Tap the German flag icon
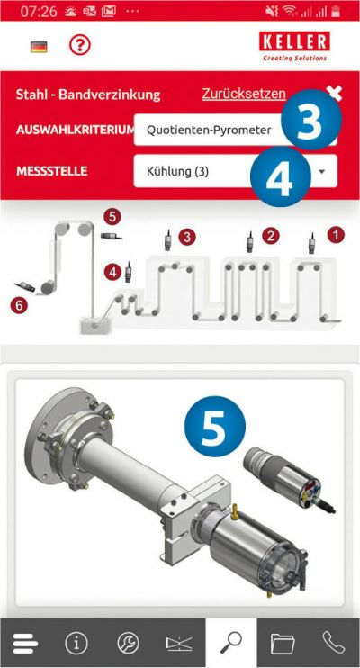pyautogui.click(x=39, y=47)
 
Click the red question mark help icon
pyautogui.click(x=80, y=44)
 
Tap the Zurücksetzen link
pyautogui.click(x=244, y=94)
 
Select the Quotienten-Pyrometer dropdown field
pyautogui.click(x=209, y=130)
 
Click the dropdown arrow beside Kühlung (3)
pyautogui.click(x=322, y=171)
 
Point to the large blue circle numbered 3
pyautogui.click(x=311, y=119)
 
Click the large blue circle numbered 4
pyautogui.click(x=280, y=176)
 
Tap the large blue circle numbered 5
pyautogui.click(x=215, y=427)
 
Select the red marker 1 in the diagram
pyautogui.click(x=336, y=235)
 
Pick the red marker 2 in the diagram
pyautogui.click(x=271, y=236)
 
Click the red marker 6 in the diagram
pyautogui.click(x=19, y=305)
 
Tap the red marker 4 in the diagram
pyautogui.click(x=112, y=272)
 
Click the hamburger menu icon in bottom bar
pyautogui.click(x=24, y=643)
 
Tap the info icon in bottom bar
pyautogui.click(x=76, y=643)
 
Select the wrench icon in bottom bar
pyautogui.click(x=128, y=643)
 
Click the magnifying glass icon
pyautogui.click(x=231, y=643)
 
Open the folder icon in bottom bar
pyautogui.click(x=283, y=644)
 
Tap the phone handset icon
pyautogui.click(x=334, y=643)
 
